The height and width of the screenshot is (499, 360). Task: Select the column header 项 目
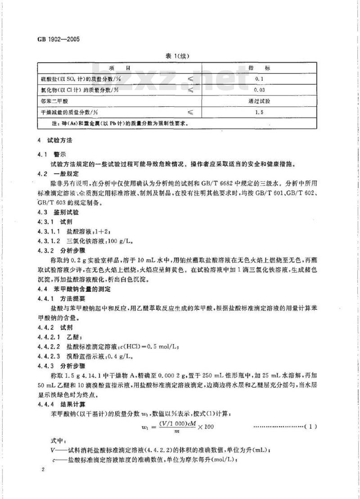coord(120,68)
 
